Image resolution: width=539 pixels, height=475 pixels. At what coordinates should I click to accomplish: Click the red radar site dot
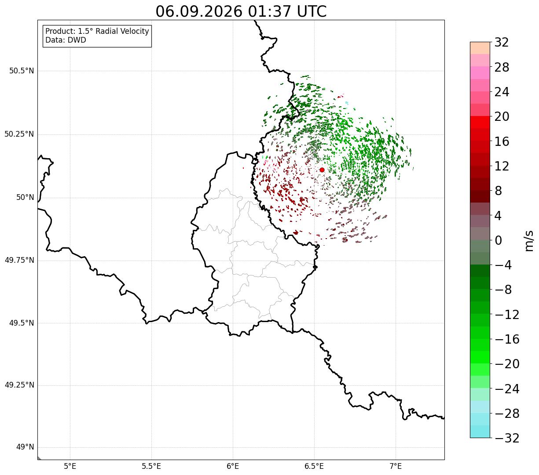pyautogui.click(x=322, y=170)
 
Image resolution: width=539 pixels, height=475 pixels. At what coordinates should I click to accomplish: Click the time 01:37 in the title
pyautogui.click(x=269, y=12)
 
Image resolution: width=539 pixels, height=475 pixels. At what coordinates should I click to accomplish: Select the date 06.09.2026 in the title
pyautogui.click(x=199, y=12)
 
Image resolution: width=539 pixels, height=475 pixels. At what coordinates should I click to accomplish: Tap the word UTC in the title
pyautogui.click(x=312, y=12)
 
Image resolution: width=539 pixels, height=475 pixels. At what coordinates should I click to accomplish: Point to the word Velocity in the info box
pyautogui.click(x=135, y=31)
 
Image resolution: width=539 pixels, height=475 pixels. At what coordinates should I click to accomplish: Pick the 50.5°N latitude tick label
pyautogui.click(x=22, y=71)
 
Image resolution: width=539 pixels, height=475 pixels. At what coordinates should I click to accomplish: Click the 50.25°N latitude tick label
pyautogui.click(x=19, y=134)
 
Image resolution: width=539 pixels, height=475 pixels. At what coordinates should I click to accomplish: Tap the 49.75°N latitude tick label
pyautogui.click(x=19, y=260)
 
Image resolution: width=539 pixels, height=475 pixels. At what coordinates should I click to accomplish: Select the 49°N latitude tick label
pyautogui.click(x=25, y=447)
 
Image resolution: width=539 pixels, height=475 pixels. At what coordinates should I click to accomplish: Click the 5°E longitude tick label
pyautogui.click(x=70, y=466)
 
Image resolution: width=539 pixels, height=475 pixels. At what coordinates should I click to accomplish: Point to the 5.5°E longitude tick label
pyautogui.click(x=151, y=466)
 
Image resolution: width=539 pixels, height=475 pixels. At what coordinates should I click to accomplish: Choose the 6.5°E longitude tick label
pyautogui.click(x=314, y=466)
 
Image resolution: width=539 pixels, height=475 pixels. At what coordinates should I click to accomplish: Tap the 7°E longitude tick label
pyautogui.click(x=396, y=466)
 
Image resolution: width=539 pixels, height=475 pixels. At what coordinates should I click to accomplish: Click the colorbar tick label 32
pyautogui.click(x=502, y=42)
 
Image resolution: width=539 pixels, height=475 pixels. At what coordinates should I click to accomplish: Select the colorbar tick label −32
pyautogui.click(x=507, y=438)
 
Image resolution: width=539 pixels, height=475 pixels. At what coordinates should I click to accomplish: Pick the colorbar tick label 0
pyautogui.click(x=498, y=240)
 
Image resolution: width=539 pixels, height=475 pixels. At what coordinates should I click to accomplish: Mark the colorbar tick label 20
pyautogui.click(x=502, y=116)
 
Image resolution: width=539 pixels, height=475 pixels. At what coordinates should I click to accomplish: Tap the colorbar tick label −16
pyautogui.click(x=507, y=339)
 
